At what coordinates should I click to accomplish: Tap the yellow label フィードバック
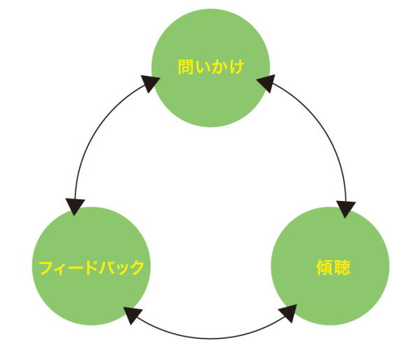click(x=91, y=267)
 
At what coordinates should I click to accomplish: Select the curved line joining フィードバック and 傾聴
click(x=209, y=338)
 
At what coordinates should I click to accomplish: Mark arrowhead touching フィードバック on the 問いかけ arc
click(x=75, y=206)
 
